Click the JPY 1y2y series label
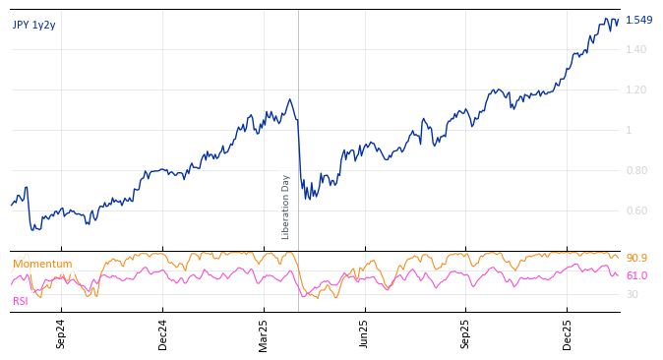pyautogui.click(x=34, y=25)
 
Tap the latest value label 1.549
pyautogui.click(x=638, y=20)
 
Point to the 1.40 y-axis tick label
pyautogui.click(x=636, y=49)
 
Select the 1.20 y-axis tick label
pyautogui.click(x=636, y=90)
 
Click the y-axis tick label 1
pyautogui.click(x=630, y=130)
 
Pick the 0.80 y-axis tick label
pyautogui.click(x=636, y=170)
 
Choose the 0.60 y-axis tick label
pyautogui.click(x=636, y=210)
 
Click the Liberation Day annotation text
pyautogui.click(x=286, y=207)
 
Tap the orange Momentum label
pyautogui.click(x=42, y=264)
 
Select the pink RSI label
pyautogui.click(x=21, y=301)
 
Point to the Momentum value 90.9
pyautogui.click(x=636, y=258)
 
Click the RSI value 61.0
pyautogui.click(x=636, y=275)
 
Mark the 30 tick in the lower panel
pyautogui.click(x=632, y=294)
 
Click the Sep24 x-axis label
pyautogui.click(x=61, y=334)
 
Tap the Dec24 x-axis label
pyautogui.click(x=163, y=334)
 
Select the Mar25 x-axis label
pyautogui.click(x=264, y=334)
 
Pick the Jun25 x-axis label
pyautogui.click(x=364, y=334)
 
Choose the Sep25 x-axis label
pyautogui.click(x=465, y=334)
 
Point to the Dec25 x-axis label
pyautogui.click(x=567, y=334)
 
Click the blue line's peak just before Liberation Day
pyautogui.click(x=289, y=99)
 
